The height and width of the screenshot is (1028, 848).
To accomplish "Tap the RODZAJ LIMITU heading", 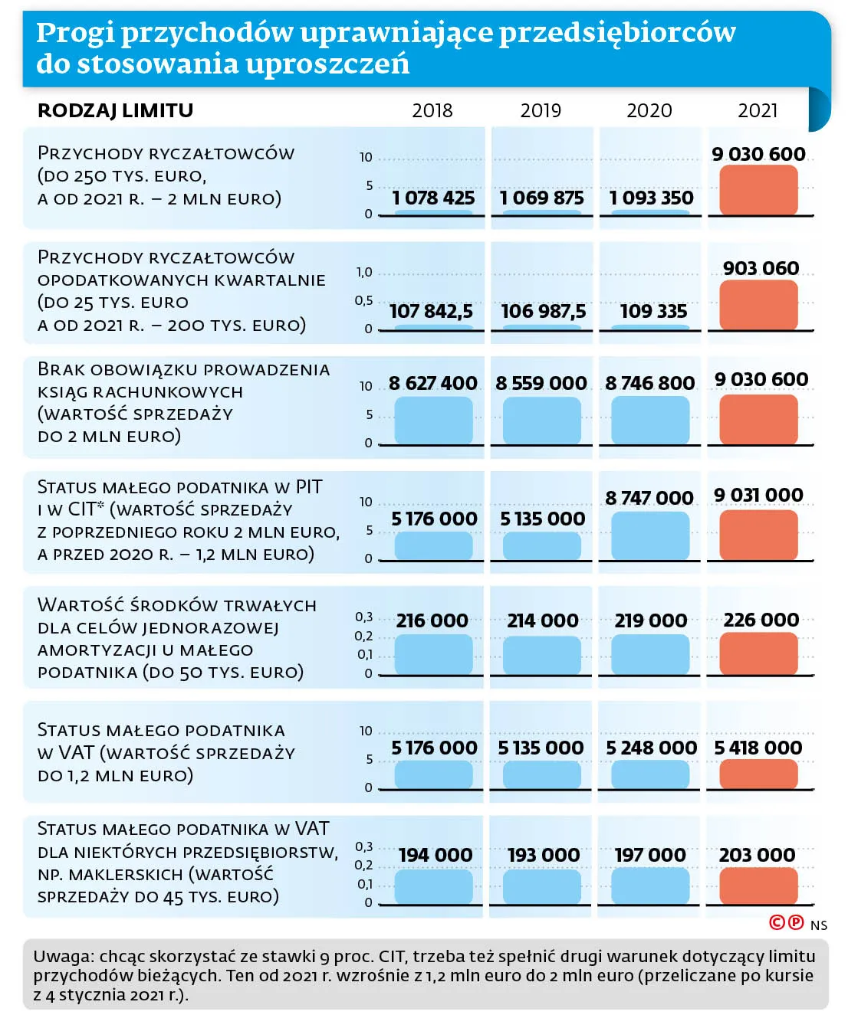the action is [x=115, y=111].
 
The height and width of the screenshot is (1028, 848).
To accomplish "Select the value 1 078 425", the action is [x=433, y=198].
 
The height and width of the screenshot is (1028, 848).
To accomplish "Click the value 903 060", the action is [x=761, y=268].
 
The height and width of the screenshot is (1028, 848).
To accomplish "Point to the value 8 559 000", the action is [x=541, y=383].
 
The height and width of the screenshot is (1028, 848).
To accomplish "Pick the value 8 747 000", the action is [x=649, y=498].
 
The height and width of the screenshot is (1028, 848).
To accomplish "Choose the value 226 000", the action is [x=761, y=620].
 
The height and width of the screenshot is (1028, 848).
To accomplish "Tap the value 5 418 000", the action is [x=758, y=748].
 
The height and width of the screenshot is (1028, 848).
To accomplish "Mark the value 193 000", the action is [x=544, y=855].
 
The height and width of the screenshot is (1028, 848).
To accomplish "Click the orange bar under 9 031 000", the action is [x=758, y=535].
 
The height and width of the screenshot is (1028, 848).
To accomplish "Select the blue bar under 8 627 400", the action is [x=433, y=421].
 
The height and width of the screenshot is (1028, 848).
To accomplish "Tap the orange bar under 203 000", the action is [x=758, y=886].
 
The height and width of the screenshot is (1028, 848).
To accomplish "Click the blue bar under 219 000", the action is [x=649, y=654].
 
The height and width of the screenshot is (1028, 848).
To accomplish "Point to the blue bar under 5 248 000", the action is [x=649, y=774].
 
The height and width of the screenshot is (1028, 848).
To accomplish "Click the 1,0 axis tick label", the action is [x=364, y=272].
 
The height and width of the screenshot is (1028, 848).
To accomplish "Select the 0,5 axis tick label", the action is [x=363, y=300].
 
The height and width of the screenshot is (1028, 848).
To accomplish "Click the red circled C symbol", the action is [x=777, y=922].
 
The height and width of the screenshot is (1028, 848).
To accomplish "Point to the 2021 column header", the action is [x=758, y=111].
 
